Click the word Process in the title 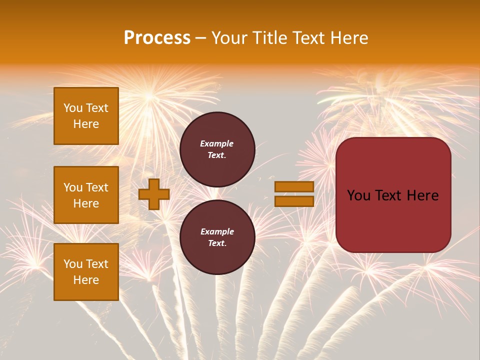tap(157, 38)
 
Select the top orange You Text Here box tap(86, 116)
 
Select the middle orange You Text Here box tap(86, 195)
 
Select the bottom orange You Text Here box tap(86, 272)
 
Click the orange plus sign tap(154, 194)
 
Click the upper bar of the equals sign tap(294, 186)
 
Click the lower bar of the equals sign tap(294, 201)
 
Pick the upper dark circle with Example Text tap(217, 149)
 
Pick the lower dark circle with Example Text tap(217, 237)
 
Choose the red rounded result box tap(393, 195)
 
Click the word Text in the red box tap(390, 195)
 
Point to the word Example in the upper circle tap(217, 143)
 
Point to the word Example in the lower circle tap(217, 231)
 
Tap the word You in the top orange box tap(73, 108)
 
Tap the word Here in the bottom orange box tap(86, 280)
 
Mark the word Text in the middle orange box tap(97, 187)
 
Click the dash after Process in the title tap(201, 38)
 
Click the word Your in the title tap(229, 38)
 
